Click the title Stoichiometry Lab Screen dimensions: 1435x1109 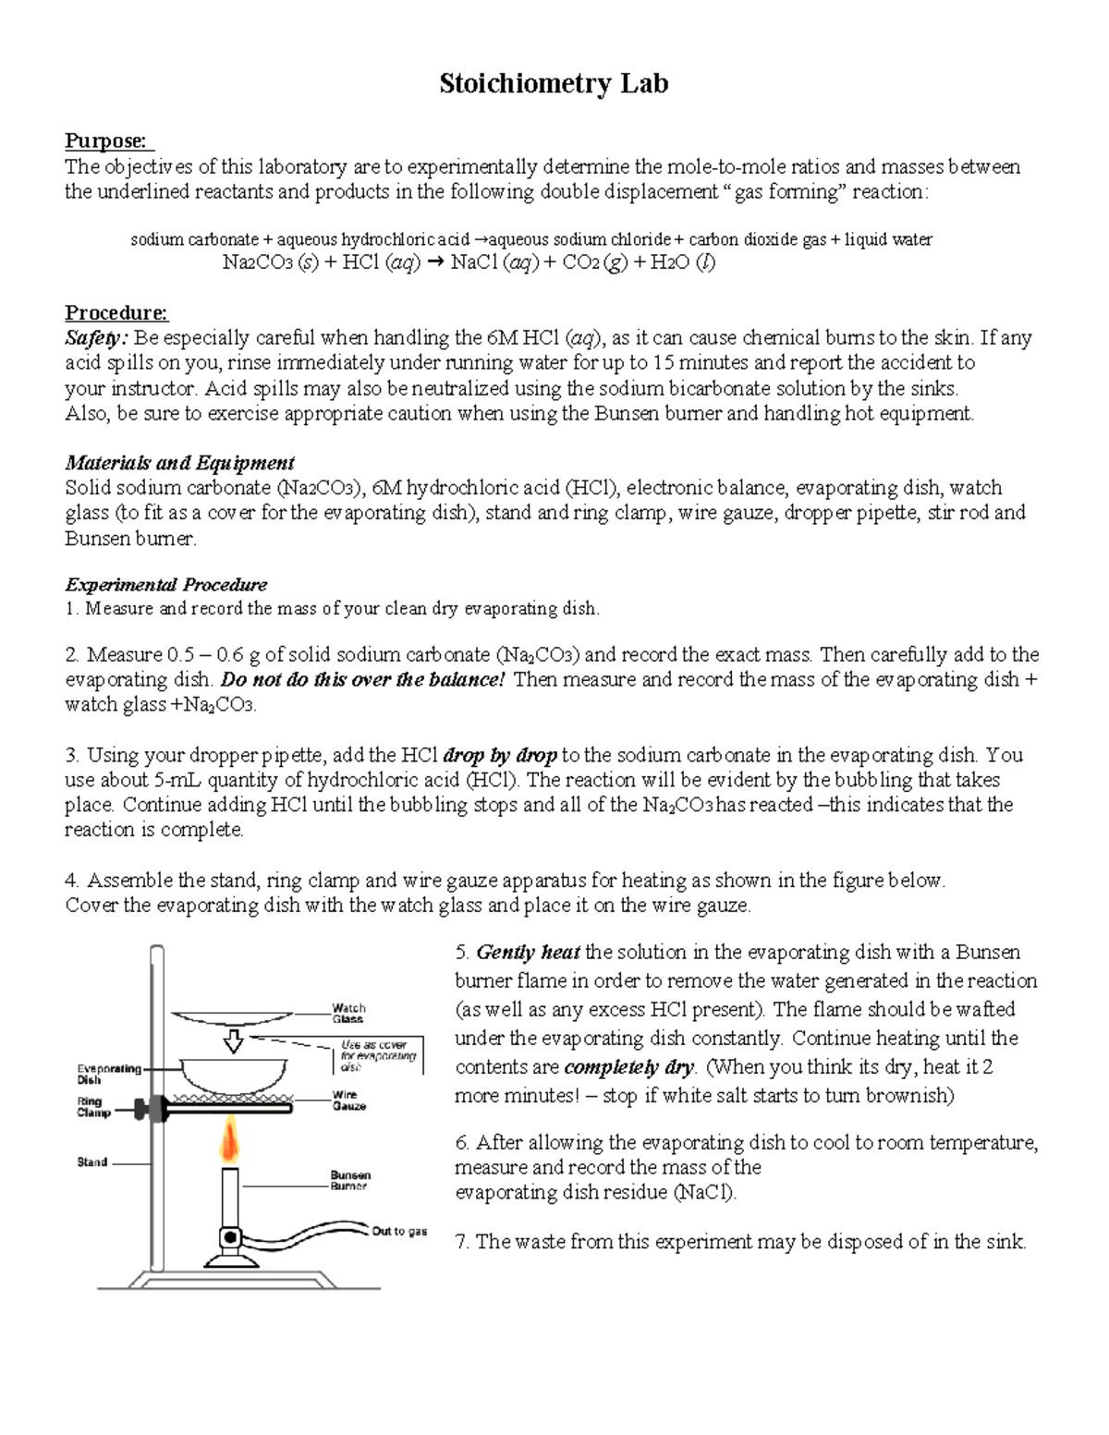tap(554, 84)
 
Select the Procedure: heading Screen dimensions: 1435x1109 tap(116, 312)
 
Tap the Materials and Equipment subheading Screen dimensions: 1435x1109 tap(179, 462)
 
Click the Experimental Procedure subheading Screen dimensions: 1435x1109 tap(166, 584)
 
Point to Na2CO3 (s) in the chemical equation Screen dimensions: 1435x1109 tap(270, 262)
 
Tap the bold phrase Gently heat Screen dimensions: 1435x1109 tap(529, 952)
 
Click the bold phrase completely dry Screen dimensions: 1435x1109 tap(629, 1066)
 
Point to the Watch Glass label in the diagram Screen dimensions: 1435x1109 tap(348, 1013)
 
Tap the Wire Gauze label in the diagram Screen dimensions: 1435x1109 tap(348, 1100)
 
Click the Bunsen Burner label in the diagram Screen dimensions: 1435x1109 tap(350, 1180)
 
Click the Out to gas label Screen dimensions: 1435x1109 tap(399, 1231)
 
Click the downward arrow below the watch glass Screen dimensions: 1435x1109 tap(234, 1042)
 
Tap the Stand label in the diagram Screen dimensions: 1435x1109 tap(91, 1161)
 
